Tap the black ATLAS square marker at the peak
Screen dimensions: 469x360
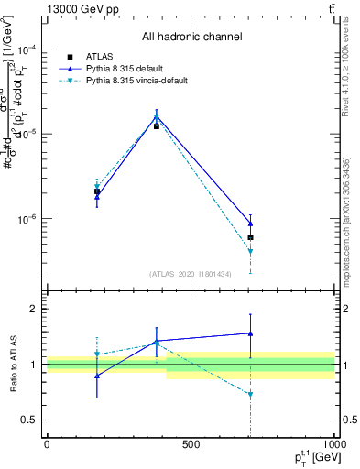click(x=157, y=125)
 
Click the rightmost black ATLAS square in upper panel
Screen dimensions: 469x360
click(x=250, y=237)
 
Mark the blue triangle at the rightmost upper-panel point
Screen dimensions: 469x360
click(x=250, y=224)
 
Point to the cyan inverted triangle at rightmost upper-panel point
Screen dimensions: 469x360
click(x=250, y=251)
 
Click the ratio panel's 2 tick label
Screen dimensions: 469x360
click(x=35, y=309)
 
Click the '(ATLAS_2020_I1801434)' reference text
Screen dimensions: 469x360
click(x=191, y=274)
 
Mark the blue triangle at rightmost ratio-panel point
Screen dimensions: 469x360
click(x=250, y=333)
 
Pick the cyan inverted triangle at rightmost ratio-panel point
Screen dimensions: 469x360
click(x=250, y=395)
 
